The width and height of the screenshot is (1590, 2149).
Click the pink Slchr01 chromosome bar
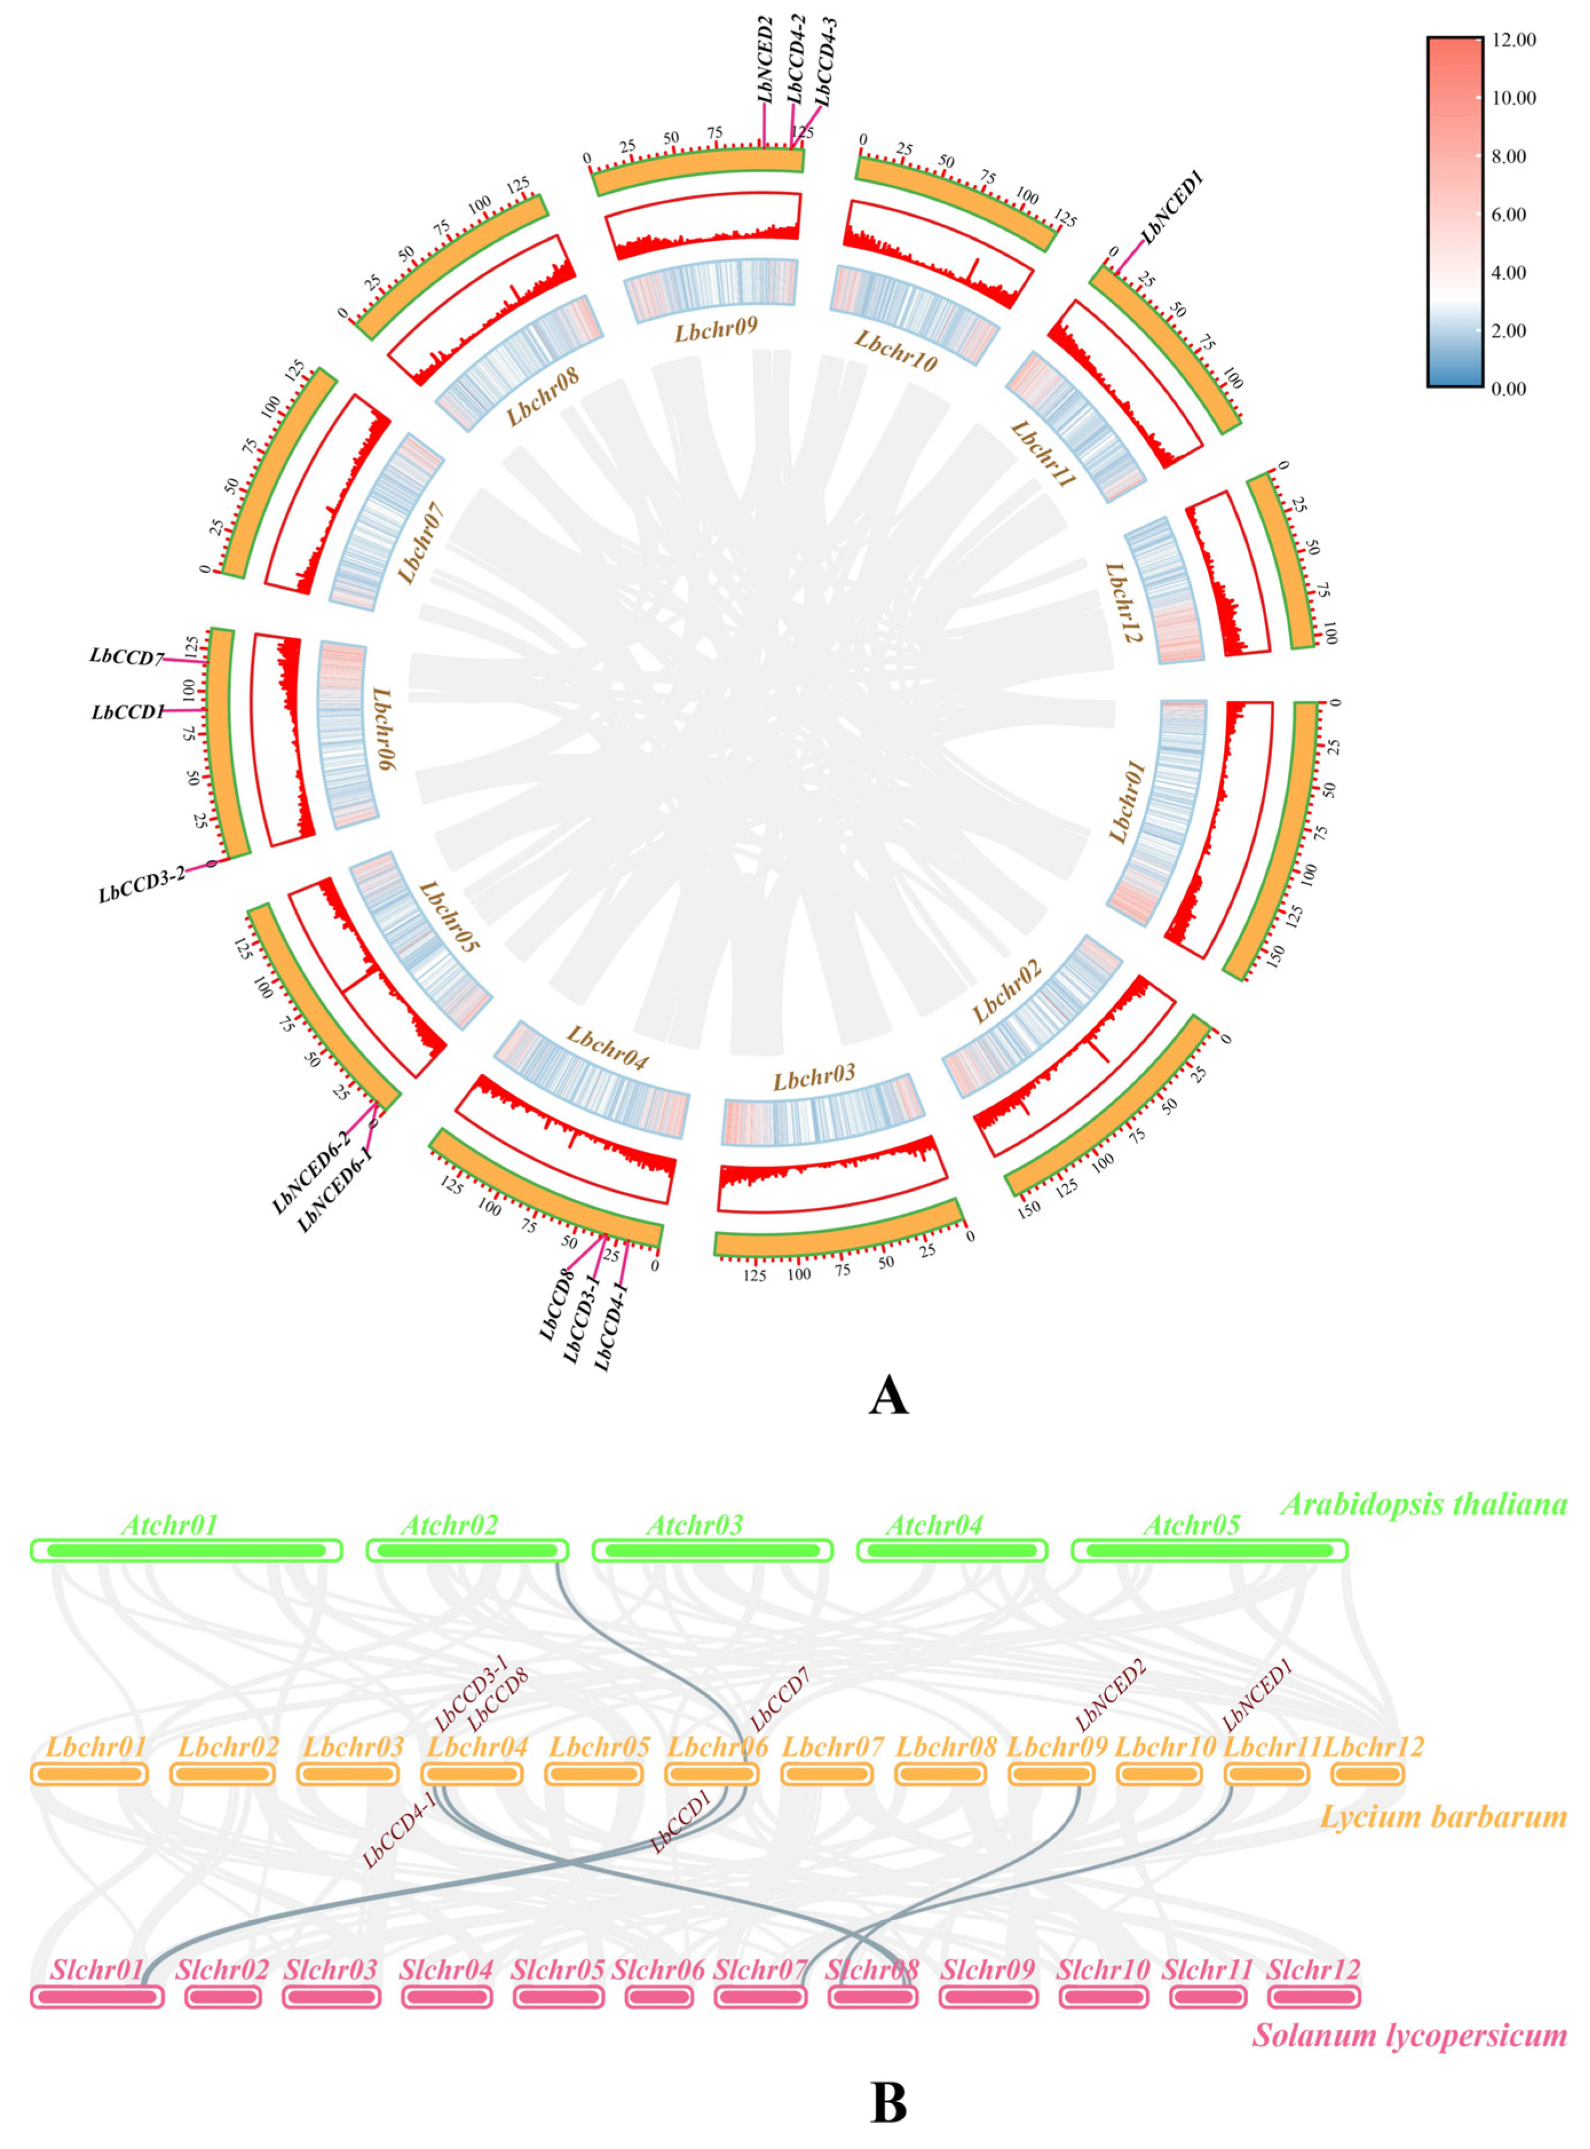pyautogui.click(x=96, y=1997)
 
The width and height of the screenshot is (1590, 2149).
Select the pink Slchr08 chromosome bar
pyautogui.click(x=872, y=1997)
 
